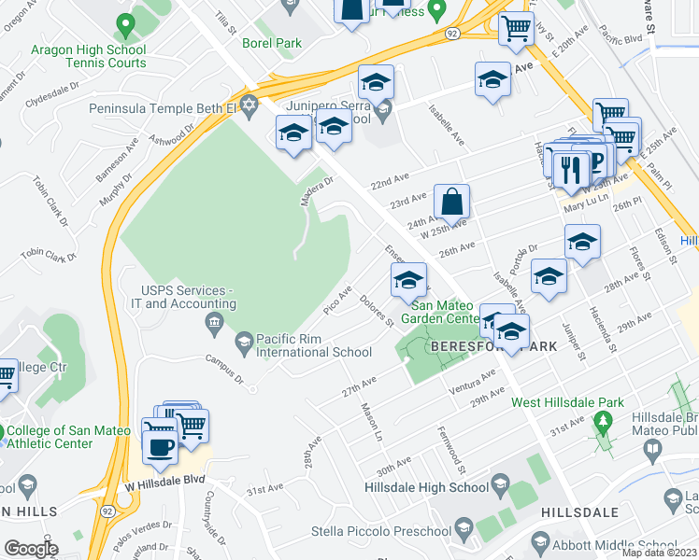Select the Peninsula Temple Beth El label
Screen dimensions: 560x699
tap(163, 108)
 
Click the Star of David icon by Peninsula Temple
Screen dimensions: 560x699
tap(249, 105)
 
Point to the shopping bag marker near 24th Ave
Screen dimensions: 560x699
tap(450, 200)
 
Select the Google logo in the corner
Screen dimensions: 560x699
tap(30, 548)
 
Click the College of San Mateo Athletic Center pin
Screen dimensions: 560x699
tap(2, 431)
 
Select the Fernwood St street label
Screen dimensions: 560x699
tap(454, 445)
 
